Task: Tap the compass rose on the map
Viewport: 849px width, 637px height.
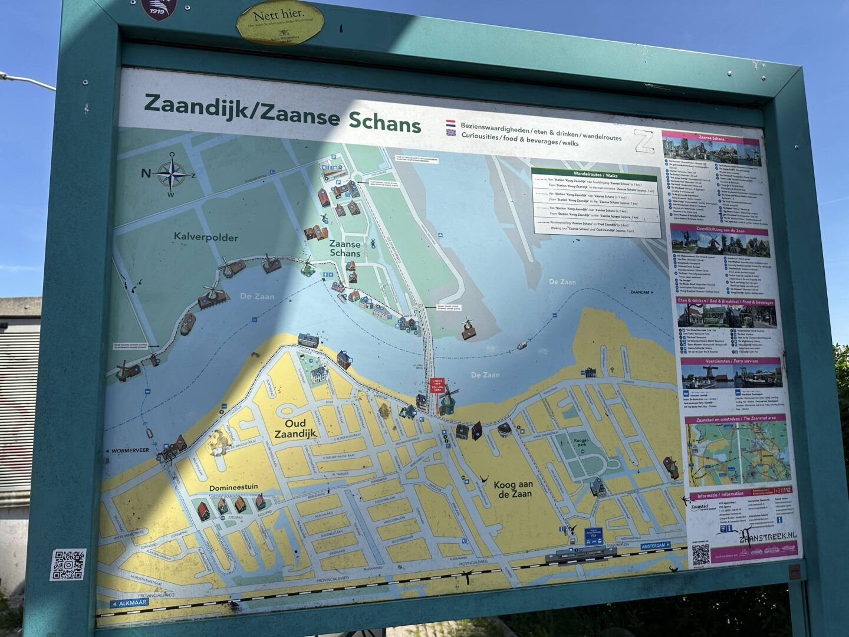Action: pyautogui.click(x=172, y=175)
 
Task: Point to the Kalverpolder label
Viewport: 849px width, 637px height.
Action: pyautogui.click(x=206, y=237)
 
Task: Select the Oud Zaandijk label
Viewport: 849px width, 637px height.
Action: pyautogui.click(x=295, y=428)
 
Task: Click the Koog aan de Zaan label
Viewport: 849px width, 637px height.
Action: pyautogui.click(x=513, y=489)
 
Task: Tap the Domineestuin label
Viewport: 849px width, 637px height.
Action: pyautogui.click(x=233, y=488)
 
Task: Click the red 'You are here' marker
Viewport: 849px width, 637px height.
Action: pyautogui.click(x=437, y=385)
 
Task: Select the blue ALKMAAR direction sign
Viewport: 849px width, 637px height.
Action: pyautogui.click(x=129, y=603)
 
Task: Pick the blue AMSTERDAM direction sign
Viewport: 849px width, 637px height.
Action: pyautogui.click(x=655, y=546)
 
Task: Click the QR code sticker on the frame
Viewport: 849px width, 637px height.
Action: pyautogui.click(x=68, y=564)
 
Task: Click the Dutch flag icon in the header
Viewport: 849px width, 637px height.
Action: pyautogui.click(x=450, y=124)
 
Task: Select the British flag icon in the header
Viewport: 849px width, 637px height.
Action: pyautogui.click(x=451, y=134)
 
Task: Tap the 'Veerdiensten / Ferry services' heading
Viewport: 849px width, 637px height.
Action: pyautogui.click(x=730, y=360)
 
